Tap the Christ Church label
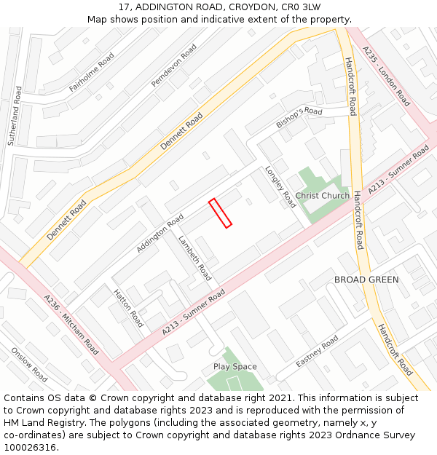[x=323, y=196]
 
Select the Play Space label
[x=235, y=367]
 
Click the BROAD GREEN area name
[x=366, y=280]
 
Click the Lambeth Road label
[x=194, y=258]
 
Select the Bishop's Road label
[x=299, y=118]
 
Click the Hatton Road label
[x=129, y=308]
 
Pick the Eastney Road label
[x=317, y=352]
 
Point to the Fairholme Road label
[x=92, y=72]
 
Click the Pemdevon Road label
[x=174, y=66]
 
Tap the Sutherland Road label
[x=15, y=115]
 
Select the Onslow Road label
[x=29, y=364]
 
